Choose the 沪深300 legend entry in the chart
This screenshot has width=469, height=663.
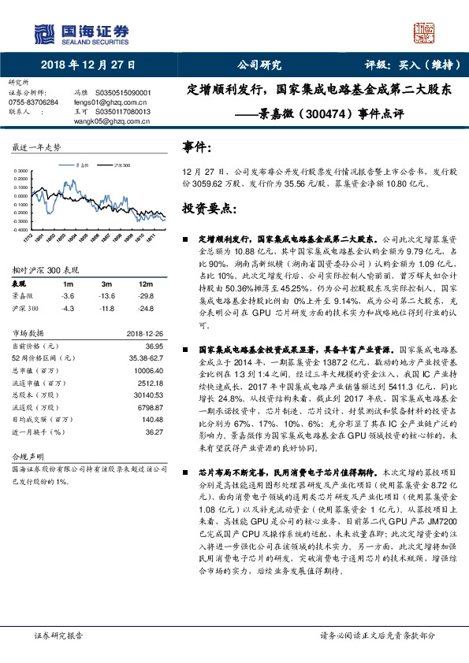click(119, 166)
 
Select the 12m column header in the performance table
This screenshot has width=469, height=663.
click(143, 283)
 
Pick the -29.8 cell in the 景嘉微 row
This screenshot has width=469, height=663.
click(143, 295)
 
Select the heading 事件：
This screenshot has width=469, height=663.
click(197, 148)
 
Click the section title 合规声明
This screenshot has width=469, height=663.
click(25, 457)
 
